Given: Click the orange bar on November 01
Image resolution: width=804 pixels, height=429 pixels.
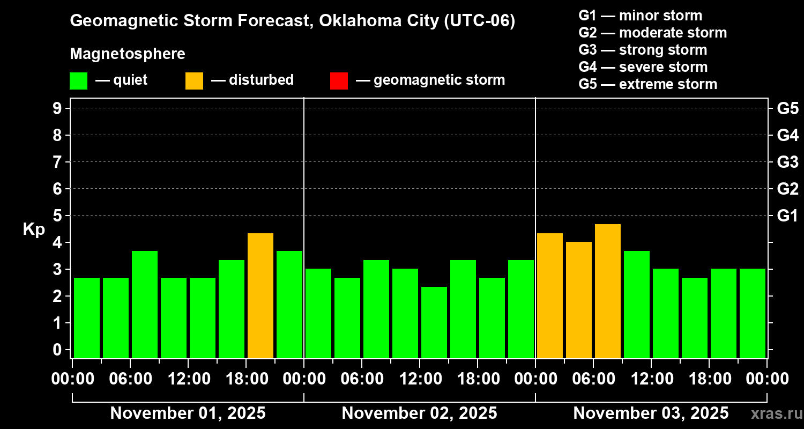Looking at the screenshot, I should [260, 295].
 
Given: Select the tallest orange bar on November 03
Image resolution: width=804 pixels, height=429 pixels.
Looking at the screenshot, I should [608, 291].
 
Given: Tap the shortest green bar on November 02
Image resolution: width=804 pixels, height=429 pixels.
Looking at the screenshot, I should [434, 322].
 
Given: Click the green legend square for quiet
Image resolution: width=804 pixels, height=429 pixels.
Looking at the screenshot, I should [78, 81].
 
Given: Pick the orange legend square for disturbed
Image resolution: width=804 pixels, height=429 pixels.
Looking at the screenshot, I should [194, 81].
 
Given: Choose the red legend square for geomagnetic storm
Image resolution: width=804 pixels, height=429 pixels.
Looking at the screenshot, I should [339, 81].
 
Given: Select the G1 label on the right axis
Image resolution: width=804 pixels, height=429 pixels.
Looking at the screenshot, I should [787, 216].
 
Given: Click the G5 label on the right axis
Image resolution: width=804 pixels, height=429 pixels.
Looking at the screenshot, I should [787, 109].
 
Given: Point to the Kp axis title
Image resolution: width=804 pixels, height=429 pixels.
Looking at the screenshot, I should [34, 230].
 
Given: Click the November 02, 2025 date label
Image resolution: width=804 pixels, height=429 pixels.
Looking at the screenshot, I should [419, 413].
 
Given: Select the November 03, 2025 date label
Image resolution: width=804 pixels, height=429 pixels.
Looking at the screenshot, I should [651, 413].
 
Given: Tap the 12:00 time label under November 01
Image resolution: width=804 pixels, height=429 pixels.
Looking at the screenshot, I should [188, 379].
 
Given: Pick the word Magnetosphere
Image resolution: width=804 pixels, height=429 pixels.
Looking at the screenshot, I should [128, 54].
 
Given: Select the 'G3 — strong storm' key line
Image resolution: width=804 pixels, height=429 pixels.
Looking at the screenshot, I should [643, 50].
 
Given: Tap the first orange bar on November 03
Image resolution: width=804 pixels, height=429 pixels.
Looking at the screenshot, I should [550, 295].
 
